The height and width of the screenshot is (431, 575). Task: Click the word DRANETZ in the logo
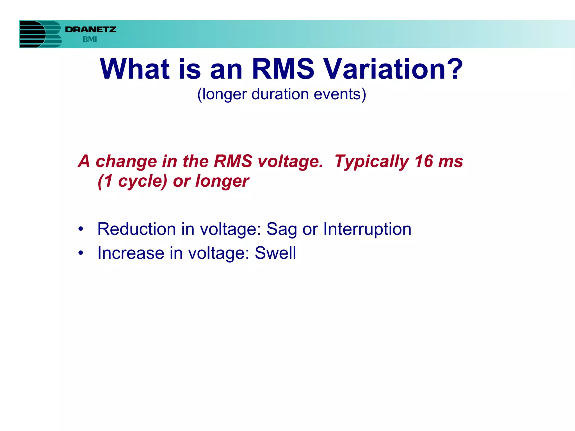(90, 29)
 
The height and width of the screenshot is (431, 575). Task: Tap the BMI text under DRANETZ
(90, 40)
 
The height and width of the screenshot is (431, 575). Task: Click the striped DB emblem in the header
(40, 34)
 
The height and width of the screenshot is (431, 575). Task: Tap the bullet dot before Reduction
(81, 229)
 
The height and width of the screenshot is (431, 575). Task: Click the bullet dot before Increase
(81, 253)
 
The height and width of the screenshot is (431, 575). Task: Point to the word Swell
(275, 253)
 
